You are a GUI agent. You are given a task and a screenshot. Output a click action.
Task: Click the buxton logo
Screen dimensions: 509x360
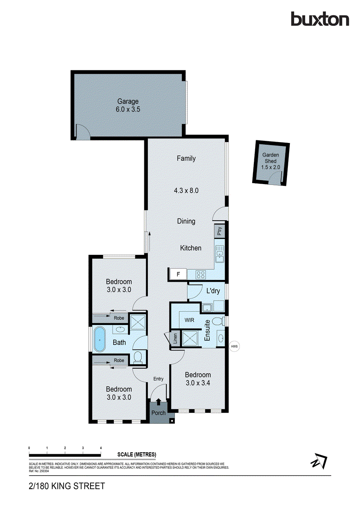click(x=320, y=19)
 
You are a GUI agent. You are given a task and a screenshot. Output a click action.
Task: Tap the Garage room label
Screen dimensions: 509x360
click(x=128, y=101)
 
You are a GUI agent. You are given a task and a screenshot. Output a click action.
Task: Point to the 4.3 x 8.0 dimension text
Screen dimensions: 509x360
click(x=186, y=190)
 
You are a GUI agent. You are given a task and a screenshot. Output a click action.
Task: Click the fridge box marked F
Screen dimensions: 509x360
click(x=178, y=274)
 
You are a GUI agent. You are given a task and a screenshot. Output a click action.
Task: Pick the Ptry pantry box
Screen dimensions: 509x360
click(x=219, y=232)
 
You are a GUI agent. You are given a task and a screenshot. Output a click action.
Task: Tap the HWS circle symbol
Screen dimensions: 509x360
click(x=234, y=346)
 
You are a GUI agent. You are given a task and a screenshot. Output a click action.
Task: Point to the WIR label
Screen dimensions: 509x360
click(x=189, y=320)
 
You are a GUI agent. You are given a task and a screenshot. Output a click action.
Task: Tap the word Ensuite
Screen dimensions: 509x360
click(x=208, y=330)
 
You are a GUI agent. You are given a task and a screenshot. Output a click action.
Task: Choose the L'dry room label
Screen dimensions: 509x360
click(x=213, y=291)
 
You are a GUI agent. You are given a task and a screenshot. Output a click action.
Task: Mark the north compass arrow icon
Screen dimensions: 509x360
click(x=318, y=460)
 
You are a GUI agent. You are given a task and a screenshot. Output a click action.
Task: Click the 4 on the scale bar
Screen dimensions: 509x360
click(x=101, y=448)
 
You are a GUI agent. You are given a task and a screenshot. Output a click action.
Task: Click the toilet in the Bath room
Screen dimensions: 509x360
click(x=138, y=358)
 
